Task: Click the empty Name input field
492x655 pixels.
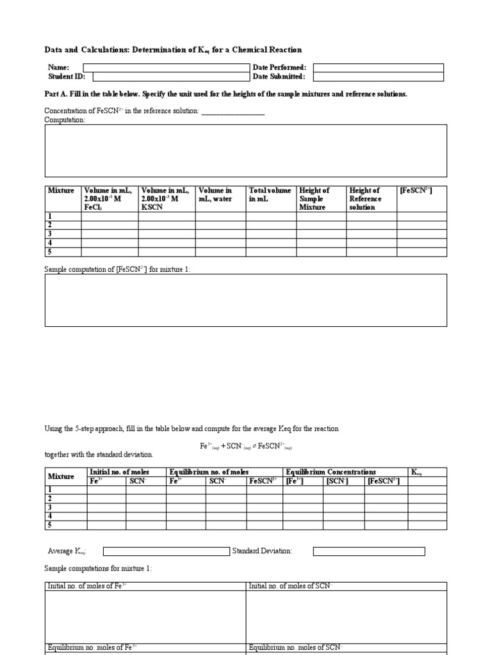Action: pyautogui.click(x=166, y=67)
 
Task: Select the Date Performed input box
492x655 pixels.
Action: pyautogui.click(x=378, y=67)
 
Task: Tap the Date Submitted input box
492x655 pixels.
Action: pyautogui.click(x=378, y=77)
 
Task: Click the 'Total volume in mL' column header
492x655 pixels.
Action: pyautogui.click(x=270, y=194)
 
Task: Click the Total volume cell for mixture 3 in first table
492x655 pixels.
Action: pyautogui.click(x=271, y=234)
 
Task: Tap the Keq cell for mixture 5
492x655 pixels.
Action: pyautogui.click(x=427, y=525)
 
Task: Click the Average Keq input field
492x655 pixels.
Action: pyautogui.click(x=166, y=551)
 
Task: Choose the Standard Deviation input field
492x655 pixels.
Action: pyautogui.click(x=368, y=551)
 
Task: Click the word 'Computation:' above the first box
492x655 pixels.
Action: pyautogui.click(x=64, y=120)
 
